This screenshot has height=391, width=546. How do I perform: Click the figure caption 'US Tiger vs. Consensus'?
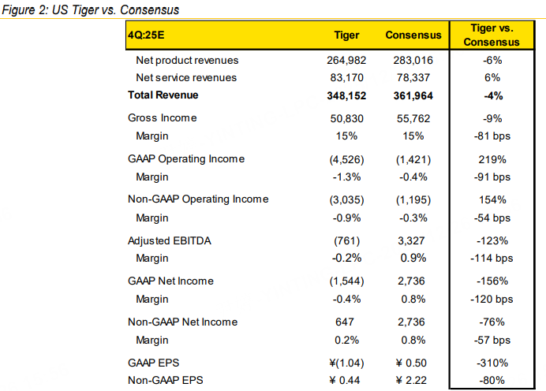point(91,10)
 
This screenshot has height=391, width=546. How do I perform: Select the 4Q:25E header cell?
point(148,35)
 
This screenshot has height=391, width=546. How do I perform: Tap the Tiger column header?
point(347,35)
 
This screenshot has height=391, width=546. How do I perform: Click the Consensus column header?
point(412,35)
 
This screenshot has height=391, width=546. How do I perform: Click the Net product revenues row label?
point(187,60)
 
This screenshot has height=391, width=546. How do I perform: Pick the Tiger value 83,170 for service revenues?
point(347,77)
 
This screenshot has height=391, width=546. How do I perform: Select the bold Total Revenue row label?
point(163,95)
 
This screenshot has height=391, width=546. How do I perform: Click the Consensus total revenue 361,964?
point(412,95)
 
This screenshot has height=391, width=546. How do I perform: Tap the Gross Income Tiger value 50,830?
point(347,118)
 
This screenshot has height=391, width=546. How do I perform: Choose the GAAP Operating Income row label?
point(185,158)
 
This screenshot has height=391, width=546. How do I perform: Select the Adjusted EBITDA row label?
point(166,240)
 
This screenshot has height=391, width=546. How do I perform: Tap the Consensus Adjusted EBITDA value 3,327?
point(412,240)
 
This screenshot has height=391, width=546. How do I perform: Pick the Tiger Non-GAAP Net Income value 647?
point(347,322)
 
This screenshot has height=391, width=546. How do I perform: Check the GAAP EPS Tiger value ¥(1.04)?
point(347,362)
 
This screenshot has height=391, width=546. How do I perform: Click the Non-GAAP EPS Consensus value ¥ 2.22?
point(412,379)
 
